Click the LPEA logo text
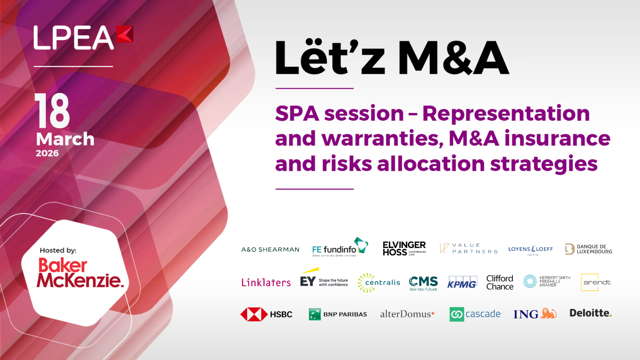[x=73, y=38]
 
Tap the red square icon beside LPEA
[x=125, y=34]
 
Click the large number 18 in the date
[x=52, y=112]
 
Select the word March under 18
[x=65, y=139]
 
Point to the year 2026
[x=47, y=153]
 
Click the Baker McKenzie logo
[x=80, y=272]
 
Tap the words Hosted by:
[x=58, y=250]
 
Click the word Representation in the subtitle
[x=506, y=113]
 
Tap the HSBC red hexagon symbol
[x=254, y=314]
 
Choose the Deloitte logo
[x=591, y=313]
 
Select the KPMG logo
[x=462, y=282]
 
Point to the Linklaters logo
[x=266, y=282]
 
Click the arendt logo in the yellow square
[x=590, y=282]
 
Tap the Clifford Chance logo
[x=500, y=282]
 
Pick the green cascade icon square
[x=456, y=314]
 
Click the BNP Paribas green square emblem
[x=315, y=314]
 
